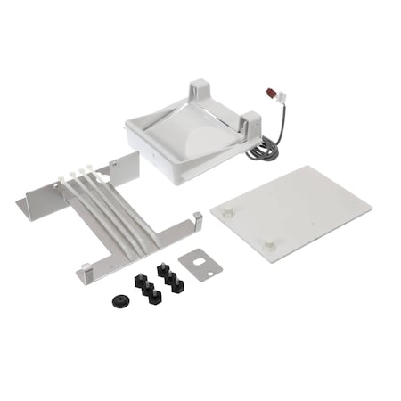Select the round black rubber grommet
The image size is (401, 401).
pos(119,299)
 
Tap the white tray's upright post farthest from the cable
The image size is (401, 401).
pos(198,91)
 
